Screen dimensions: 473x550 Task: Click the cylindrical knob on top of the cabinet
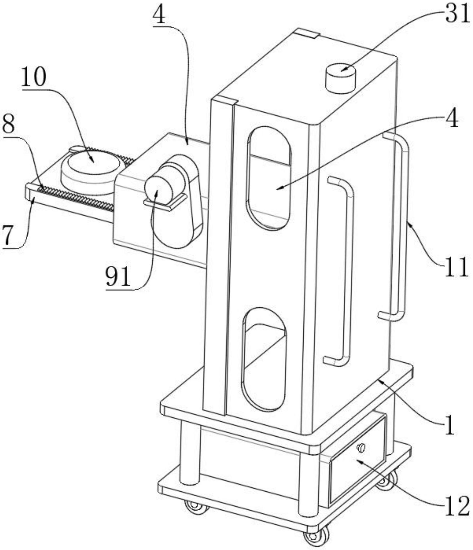(341, 79)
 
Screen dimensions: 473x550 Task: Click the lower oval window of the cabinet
(264, 359)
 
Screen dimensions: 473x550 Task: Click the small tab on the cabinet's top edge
(307, 33)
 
